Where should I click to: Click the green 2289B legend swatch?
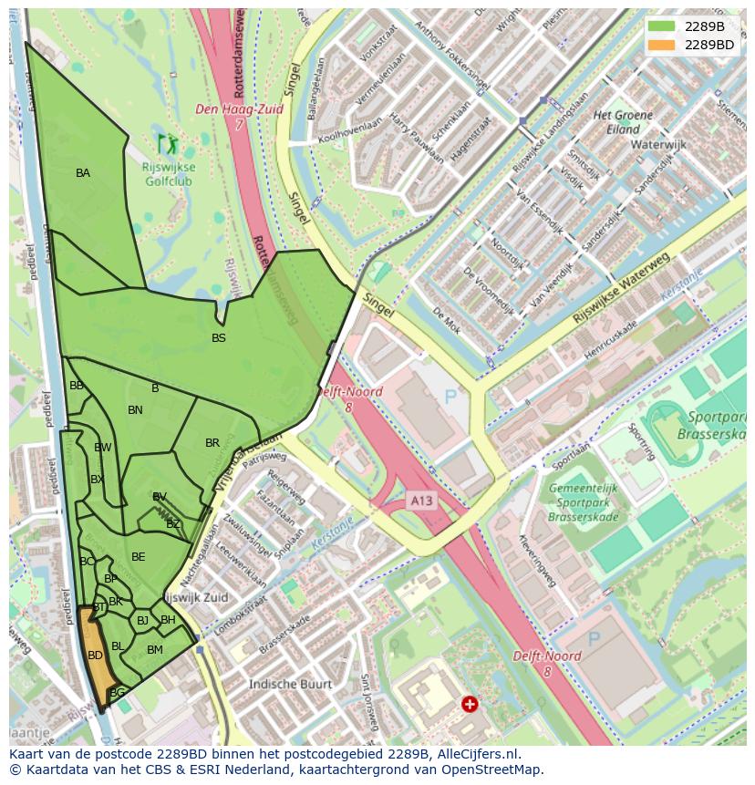pos(661,26)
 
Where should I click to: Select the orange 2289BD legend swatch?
pos(661,44)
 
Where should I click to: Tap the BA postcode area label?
pos(83,172)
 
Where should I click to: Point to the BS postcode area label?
pos(219,338)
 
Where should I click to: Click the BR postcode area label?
pos(212,443)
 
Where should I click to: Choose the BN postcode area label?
pos(135,410)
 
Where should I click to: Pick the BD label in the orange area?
pos(95,655)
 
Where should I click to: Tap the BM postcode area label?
pos(155,649)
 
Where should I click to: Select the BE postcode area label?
pos(139,557)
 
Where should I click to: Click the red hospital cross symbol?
pos(469,704)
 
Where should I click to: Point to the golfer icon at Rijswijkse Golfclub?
pos(167,143)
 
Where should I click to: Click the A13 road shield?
pos(420,501)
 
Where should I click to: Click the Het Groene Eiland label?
pos(623,122)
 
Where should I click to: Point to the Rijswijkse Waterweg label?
pos(621,289)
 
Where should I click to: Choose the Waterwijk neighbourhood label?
pos(659,144)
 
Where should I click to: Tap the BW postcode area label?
pos(103,448)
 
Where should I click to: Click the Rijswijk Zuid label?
pos(195,597)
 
